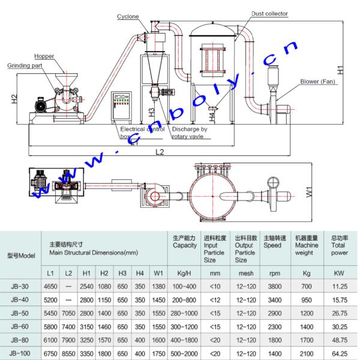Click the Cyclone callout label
(x=128, y=17)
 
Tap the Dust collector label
(x=269, y=14)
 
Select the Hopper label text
(x=44, y=56)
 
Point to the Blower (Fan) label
(x=318, y=82)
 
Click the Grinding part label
(x=25, y=65)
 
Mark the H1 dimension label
(x=340, y=70)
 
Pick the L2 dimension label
(x=160, y=152)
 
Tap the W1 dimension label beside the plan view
(x=309, y=192)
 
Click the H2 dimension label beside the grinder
(x=14, y=99)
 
